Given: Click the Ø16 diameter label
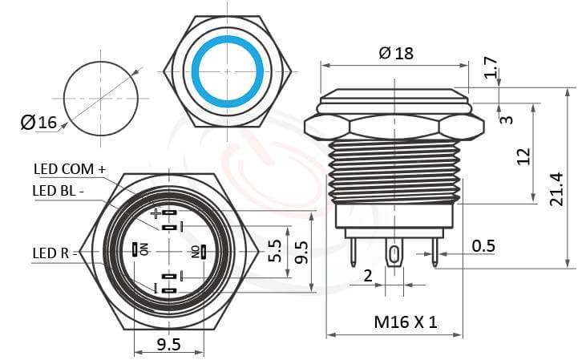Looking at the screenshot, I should click(x=38, y=123).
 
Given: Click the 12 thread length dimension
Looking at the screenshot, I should click(x=523, y=156).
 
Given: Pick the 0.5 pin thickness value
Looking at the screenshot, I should click(x=483, y=245).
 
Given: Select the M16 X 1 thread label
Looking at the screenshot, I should click(x=406, y=322).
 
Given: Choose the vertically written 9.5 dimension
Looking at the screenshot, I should click(x=302, y=252).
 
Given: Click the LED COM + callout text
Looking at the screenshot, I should click(x=69, y=169).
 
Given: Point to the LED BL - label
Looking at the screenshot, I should click(x=61, y=190).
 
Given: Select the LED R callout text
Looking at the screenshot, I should click(x=50, y=253).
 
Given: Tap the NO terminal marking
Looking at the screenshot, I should click(x=194, y=251).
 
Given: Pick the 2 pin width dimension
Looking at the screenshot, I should click(x=367, y=276).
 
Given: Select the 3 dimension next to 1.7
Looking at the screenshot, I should click(x=505, y=119).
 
